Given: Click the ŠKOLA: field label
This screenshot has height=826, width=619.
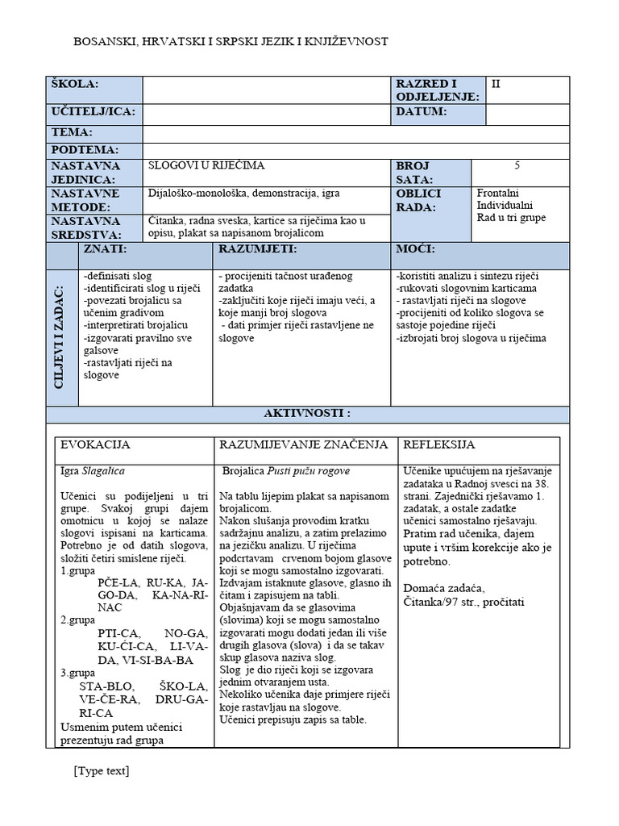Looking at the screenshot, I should point(74,85).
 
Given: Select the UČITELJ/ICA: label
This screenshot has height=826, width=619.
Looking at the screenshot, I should point(93,111).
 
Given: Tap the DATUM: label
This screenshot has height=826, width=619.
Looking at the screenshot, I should point(421,111).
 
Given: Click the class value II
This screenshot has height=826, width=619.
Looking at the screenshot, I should point(496,83).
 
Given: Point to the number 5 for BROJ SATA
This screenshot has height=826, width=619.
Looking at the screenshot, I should point(517,166).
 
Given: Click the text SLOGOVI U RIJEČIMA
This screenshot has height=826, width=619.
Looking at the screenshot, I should point(206,166).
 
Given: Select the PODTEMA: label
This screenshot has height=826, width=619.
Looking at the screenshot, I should point(85,150).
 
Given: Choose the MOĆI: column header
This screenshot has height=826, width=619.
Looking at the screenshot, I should point(416,250).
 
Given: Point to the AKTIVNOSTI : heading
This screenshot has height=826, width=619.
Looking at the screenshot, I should point(308,414).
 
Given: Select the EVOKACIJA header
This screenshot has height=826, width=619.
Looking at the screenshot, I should point(95,445).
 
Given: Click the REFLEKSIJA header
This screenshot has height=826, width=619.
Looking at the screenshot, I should point(438,445).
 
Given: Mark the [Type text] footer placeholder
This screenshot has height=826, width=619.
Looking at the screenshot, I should point(101,771).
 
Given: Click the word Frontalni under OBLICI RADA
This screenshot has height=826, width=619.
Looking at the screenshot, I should point(498,194).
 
